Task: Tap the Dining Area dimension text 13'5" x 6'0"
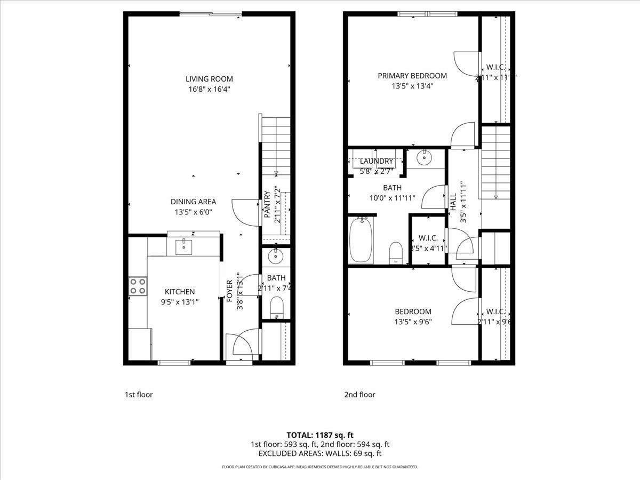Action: click(x=193, y=212)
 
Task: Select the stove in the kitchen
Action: click(x=138, y=286)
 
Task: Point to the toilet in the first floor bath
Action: click(x=276, y=308)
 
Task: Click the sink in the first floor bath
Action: click(x=276, y=257)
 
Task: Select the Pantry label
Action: click(x=267, y=205)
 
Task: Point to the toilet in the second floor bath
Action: click(x=396, y=252)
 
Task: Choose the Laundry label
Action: click(x=376, y=161)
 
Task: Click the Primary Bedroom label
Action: click(x=412, y=76)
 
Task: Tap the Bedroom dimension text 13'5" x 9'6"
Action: click(x=413, y=322)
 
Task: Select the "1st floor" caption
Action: click(x=139, y=395)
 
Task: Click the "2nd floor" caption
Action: click(x=359, y=395)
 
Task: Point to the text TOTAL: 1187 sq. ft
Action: click(x=319, y=435)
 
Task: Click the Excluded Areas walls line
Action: click(x=319, y=454)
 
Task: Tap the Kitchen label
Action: click(x=179, y=292)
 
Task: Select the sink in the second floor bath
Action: click(x=425, y=157)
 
